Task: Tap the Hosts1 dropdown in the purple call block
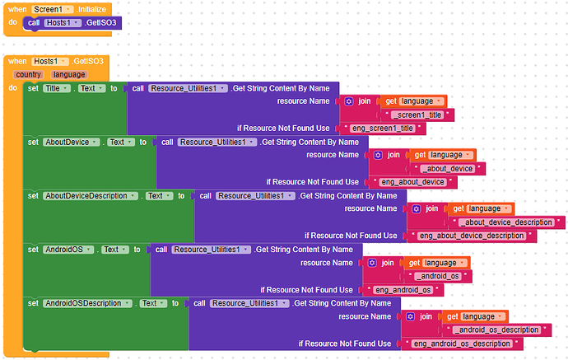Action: point(64,22)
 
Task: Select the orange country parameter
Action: point(27,74)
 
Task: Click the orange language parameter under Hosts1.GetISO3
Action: point(68,74)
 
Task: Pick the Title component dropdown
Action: point(55,88)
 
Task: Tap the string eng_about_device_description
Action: point(472,236)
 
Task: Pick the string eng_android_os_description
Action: point(461,344)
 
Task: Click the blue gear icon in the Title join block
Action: point(349,101)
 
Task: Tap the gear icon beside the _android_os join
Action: point(372,263)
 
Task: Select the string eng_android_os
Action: point(403,290)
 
